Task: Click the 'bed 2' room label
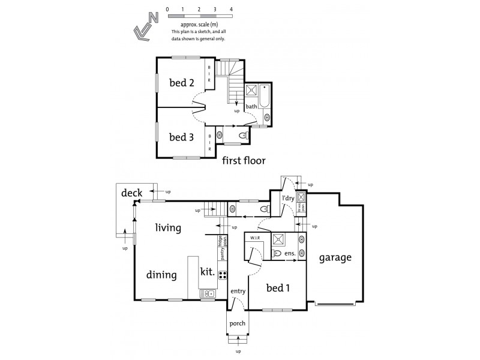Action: tap(181, 83)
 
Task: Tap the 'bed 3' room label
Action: tap(181, 137)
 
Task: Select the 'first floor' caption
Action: tap(243, 160)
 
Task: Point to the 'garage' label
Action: tap(335, 257)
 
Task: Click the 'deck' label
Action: tap(131, 193)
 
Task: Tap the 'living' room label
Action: tap(168, 227)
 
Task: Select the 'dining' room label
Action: tap(161, 275)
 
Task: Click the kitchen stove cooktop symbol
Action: tap(222, 275)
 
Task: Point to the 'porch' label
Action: tap(237, 323)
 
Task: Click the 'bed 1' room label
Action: tap(278, 288)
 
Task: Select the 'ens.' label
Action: tap(289, 254)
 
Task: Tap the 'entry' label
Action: tap(238, 292)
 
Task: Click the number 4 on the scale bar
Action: tap(231, 10)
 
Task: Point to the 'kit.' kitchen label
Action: tap(208, 271)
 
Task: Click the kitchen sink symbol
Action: tap(210, 293)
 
